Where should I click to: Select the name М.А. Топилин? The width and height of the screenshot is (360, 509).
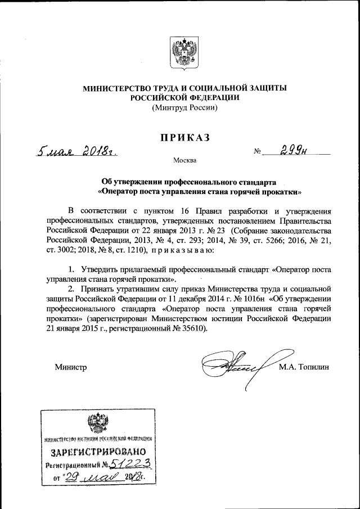pyautogui.click(x=303, y=367)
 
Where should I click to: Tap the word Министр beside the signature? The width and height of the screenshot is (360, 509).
pyautogui.click(x=70, y=367)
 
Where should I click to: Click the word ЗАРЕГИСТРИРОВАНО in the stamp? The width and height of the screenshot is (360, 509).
pyautogui.click(x=99, y=451)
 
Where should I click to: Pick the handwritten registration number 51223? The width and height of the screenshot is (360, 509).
pyautogui.click(x=130, y=464)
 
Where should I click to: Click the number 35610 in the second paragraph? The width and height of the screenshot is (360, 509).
pyautogui.click(x=192, y=328)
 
